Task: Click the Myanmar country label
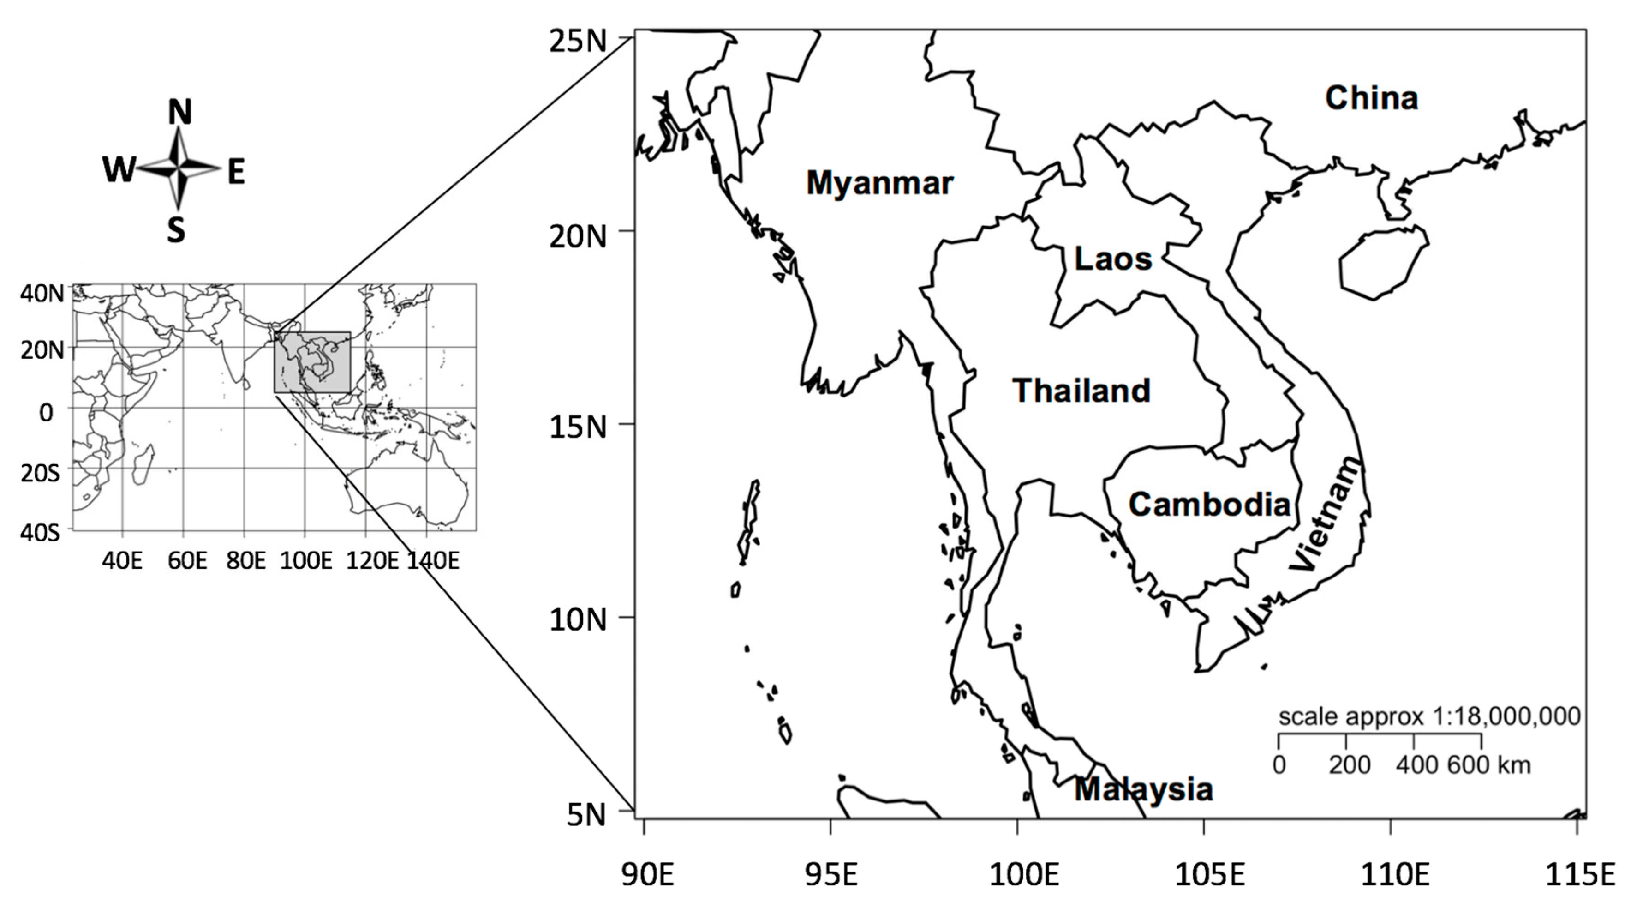[x=879, y=183]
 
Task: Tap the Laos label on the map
[x=1113, y=259]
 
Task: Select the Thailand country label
[x=1081, y=390]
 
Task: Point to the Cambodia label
[x=1209, y=504]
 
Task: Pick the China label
[x=1371, y=98]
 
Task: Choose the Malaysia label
[x=1143, y=789]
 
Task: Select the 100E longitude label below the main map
[x=1024, y=875]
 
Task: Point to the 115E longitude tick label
[x=1578, y=875]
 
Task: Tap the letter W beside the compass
[x=119, y=170]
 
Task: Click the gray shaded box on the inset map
[x=312, y=361]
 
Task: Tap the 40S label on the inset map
[x=40, y=532]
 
